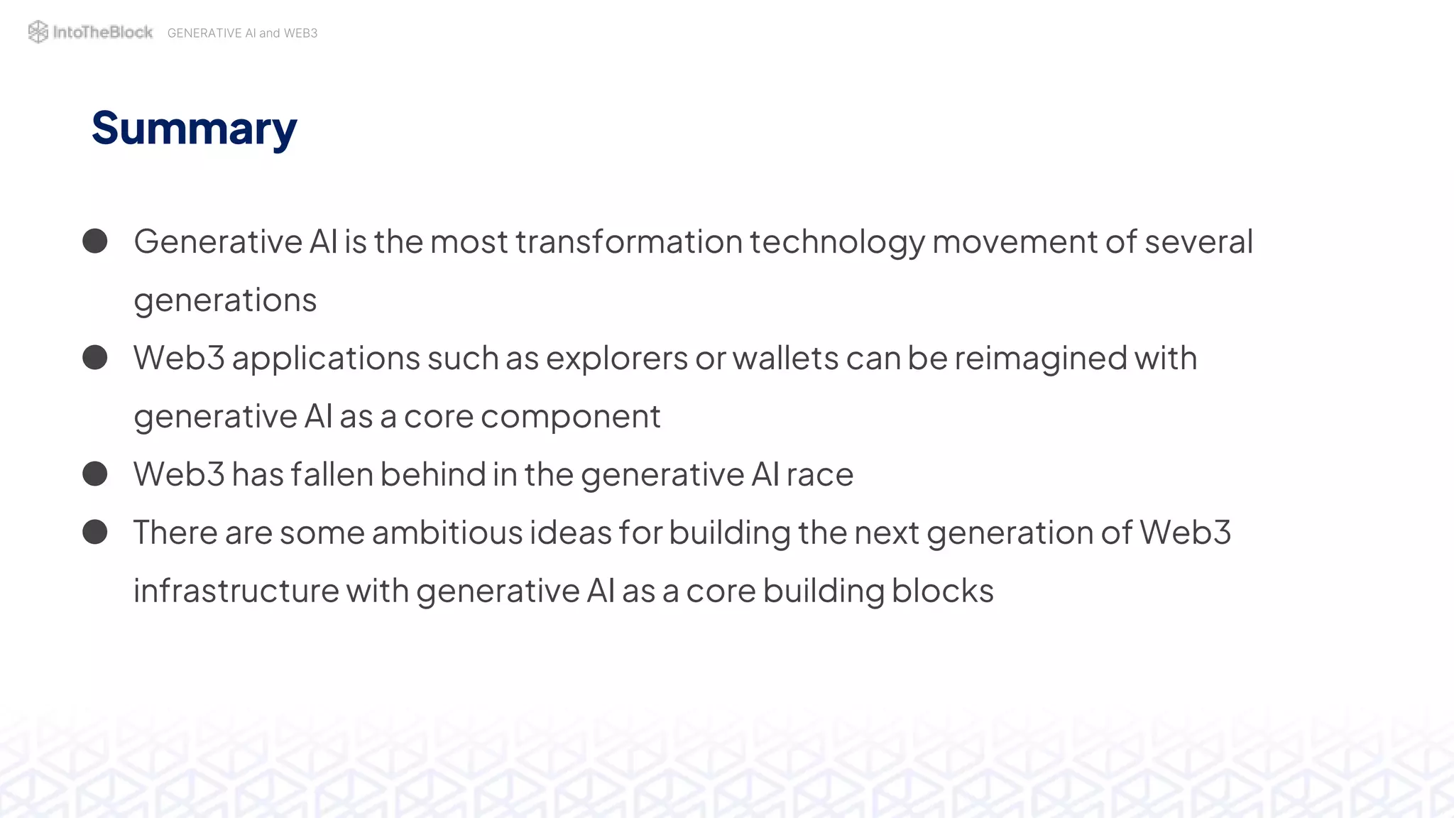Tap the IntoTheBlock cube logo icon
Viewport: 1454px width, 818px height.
click(x=38, y=32)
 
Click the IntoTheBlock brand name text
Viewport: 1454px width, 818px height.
click(x=103, y=32)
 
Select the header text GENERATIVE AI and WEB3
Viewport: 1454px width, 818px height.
click(x=242, y=33)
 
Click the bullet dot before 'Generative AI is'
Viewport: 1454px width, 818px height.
click(x=95, y=241)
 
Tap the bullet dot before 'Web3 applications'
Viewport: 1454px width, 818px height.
click(x=95, y=357)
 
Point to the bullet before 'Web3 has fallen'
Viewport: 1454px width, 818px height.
click(x=95, y=474)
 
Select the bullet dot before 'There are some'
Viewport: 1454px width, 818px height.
click(x=95, y=532)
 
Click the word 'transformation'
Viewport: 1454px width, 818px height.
click(x=629, y=241)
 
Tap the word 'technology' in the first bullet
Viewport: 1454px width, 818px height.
click(x=837, y=243)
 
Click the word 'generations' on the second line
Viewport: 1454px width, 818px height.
click(x=225, y=301)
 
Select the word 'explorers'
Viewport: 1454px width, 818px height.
click(x=616, y=359)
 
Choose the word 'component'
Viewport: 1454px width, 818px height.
click(x=570, y=418)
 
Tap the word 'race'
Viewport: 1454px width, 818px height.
click(x=819, y=475)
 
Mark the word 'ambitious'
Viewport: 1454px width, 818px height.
click(x=447, y=533)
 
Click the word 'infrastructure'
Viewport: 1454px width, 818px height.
click(x=236, y=591)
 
